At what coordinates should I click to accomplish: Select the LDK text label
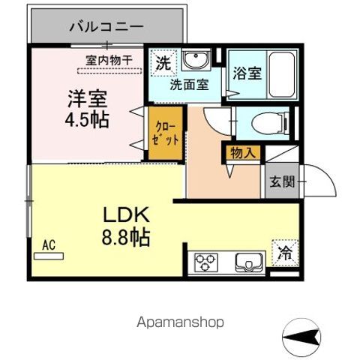pyautogui.click(x=127, y=215)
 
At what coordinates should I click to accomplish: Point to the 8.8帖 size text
pyautogui.click(x=126, y=238)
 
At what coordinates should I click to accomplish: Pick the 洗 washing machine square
pyautogui.click(x=163, y=63)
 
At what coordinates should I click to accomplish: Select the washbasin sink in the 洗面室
pyautogui.click(x=197, y=61)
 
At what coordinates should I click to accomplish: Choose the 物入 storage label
pyautogui.click(x=241, y=153)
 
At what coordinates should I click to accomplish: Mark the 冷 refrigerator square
pyautogui.click(x=284, y=253)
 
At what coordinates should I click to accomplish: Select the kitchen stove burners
pyautogui.click(x=205, y=263)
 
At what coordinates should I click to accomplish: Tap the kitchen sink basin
pyautogui.click(x=247, y=262)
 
